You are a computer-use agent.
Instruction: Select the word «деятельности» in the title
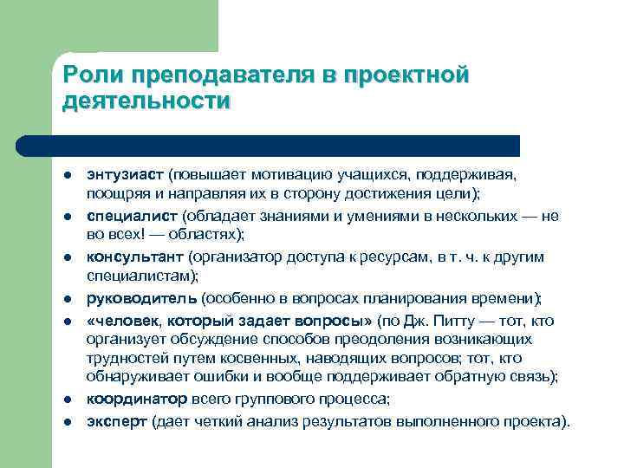click(146, 101)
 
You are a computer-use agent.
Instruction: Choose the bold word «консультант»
click(134, 257)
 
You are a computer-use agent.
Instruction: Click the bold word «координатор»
click(136, 399)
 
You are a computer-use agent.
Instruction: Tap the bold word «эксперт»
click(116, 422)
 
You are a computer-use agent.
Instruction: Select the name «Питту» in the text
click(465, 321)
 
